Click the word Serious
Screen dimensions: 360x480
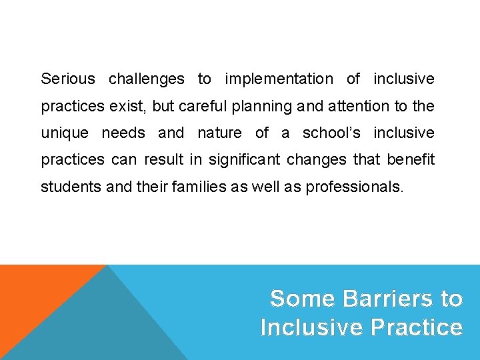pos(68,79)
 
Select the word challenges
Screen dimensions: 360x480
pos(147,79)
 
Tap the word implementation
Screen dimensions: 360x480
pos(279,79)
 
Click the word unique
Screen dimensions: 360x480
pos(64,133)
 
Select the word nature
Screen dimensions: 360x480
pos(219,133)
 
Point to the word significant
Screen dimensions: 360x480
pos(251,160)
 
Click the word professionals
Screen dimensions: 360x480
pos(354,187)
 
